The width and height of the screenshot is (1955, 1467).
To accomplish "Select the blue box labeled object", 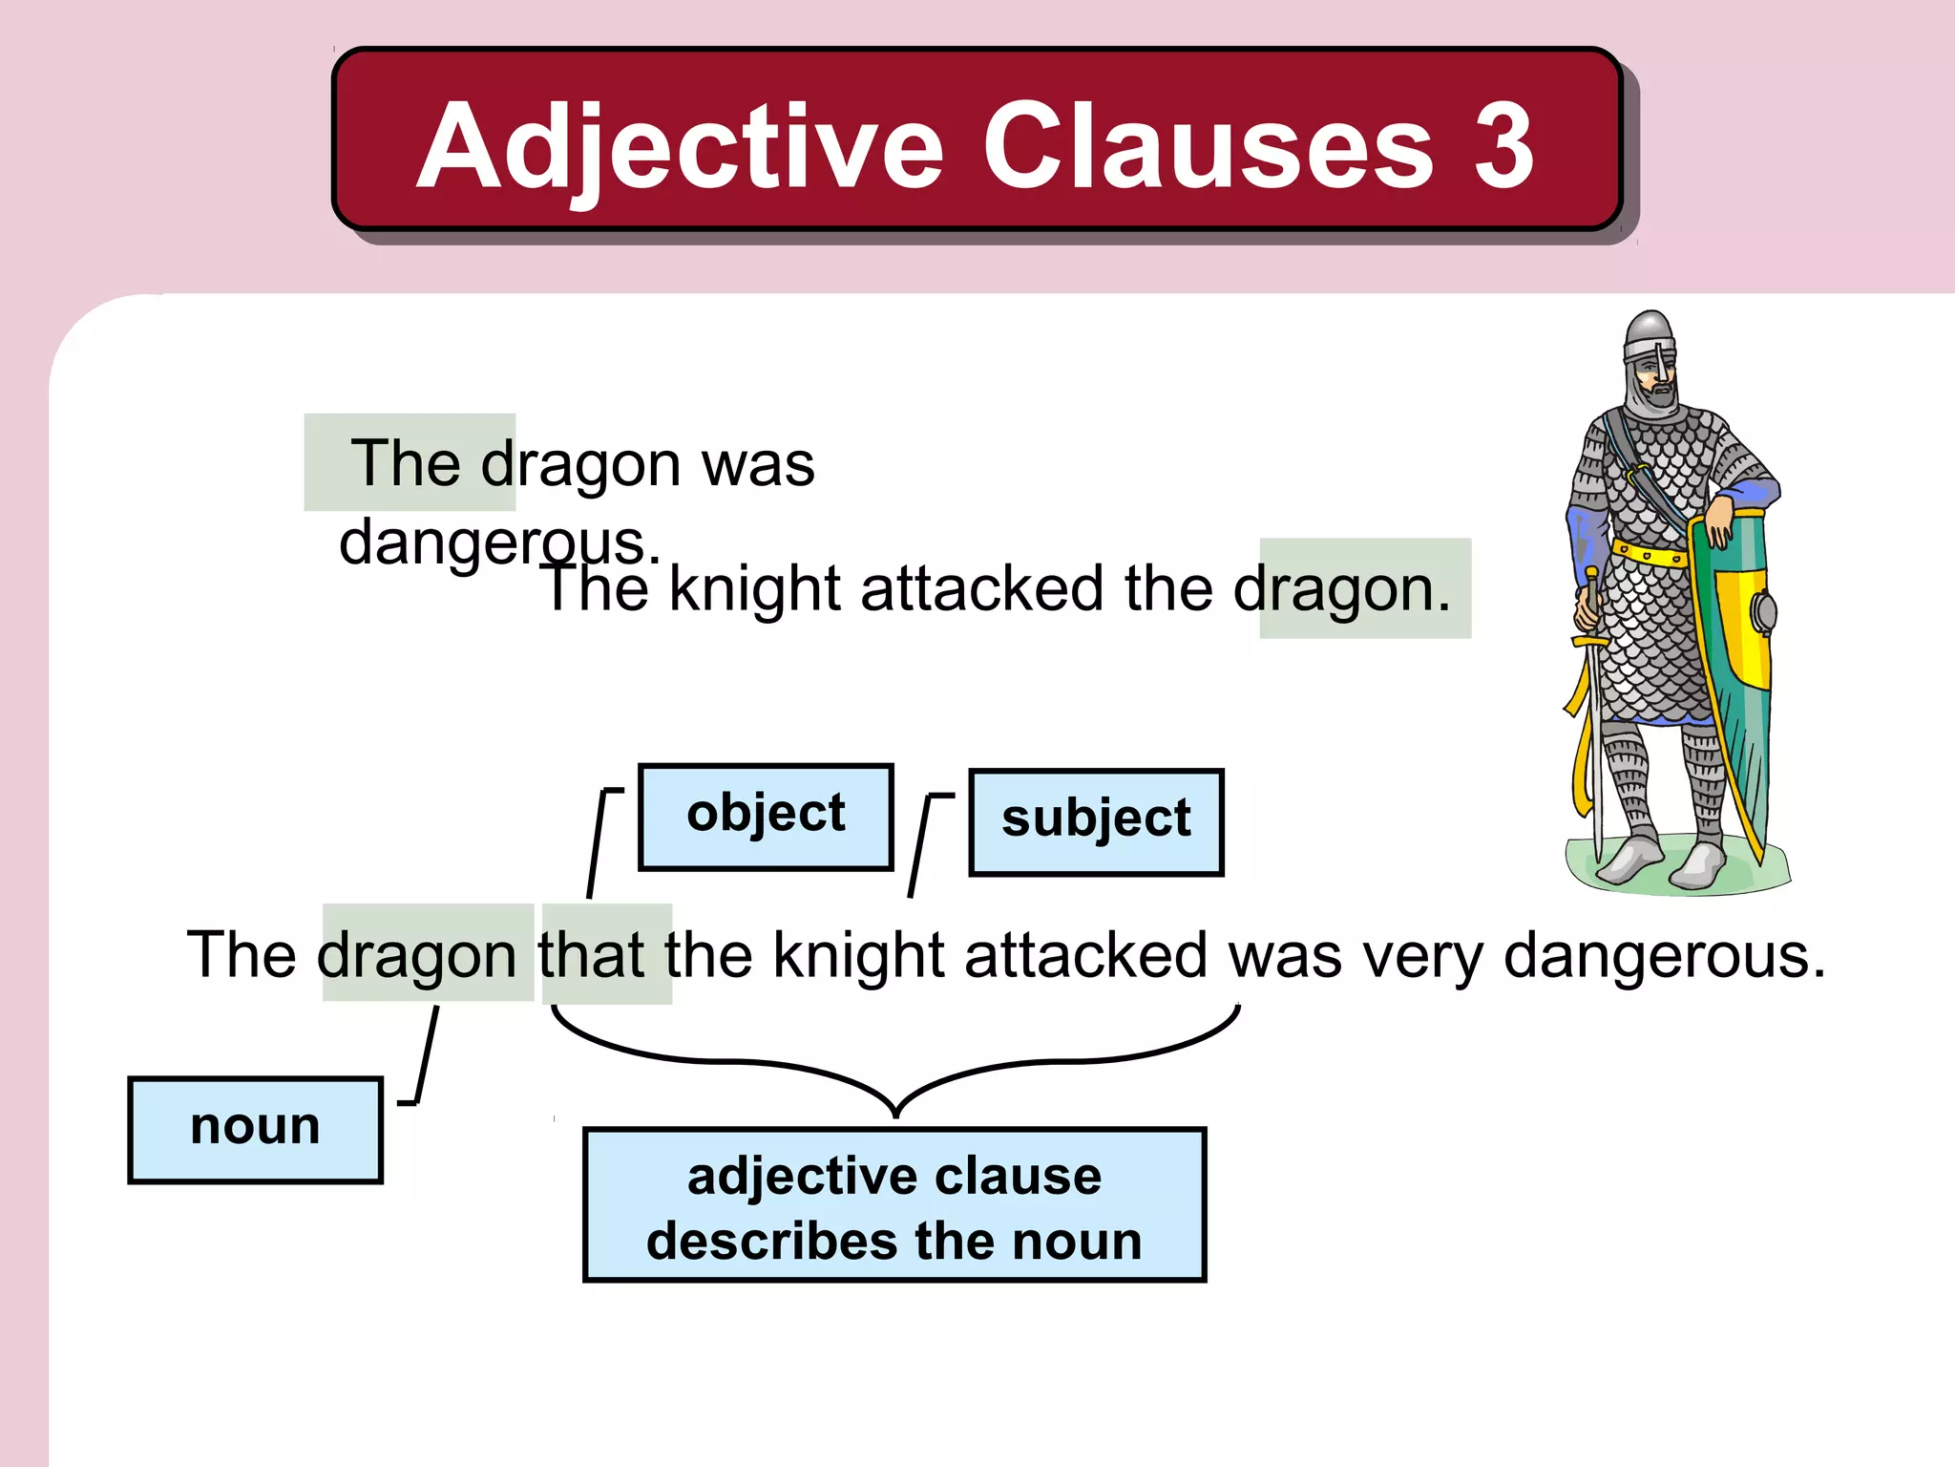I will pyautogui.click(x=766, y=817).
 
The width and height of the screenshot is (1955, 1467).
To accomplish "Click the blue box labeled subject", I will pyautogui.click(x=1096, y=821).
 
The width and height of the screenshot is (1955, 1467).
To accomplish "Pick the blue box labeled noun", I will pyautogui.click(x=255, y=1129).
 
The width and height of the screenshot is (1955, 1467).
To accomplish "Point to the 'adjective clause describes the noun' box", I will pyautogui.click(x=894, y=1205).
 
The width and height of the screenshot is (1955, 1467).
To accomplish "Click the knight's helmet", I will pyautogui.click(x=1650, y=344).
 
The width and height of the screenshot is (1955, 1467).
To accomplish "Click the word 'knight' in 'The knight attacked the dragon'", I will pyautogui.click(x=754, y=589).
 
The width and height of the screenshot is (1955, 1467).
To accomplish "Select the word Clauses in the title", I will pyautogui.click(x=1208, y=145).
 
